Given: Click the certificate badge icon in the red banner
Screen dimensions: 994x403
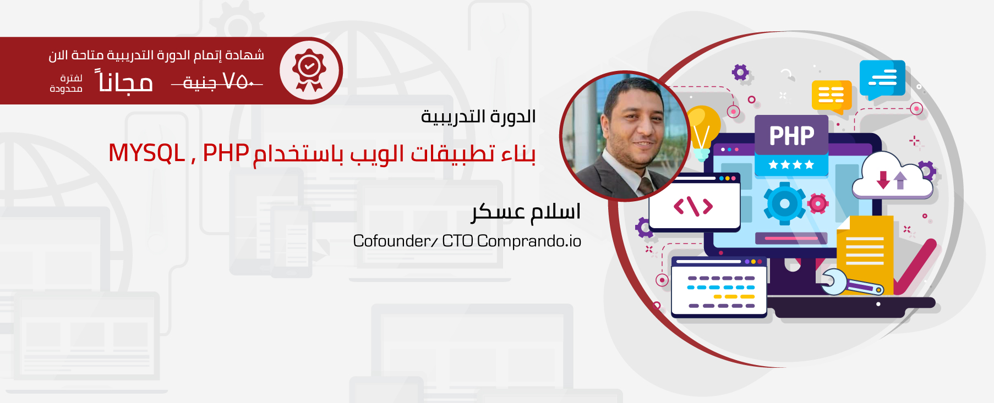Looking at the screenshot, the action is click(309, 70).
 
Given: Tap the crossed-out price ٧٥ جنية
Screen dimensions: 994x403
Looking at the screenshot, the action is click(217, 82).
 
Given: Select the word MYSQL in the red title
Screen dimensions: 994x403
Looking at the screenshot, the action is click(146, 153).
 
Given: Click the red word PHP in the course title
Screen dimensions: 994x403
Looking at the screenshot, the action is click(226, 153).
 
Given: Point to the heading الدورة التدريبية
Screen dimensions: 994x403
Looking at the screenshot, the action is click(478, 117).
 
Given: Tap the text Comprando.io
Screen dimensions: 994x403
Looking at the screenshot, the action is click(529, 241).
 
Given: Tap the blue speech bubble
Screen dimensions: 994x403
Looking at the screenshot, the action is click(882, 79).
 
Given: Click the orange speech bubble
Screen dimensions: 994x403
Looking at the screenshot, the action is click(832, 96).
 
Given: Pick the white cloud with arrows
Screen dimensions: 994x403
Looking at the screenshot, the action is click(892, 176).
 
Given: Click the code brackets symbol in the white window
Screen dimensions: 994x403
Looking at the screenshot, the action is click(693, 206).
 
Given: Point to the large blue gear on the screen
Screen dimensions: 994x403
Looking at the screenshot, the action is click(784, 204).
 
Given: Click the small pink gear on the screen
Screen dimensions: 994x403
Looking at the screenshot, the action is click(818, 204).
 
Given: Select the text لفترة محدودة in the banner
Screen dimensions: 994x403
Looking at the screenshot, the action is click(66, 84).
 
